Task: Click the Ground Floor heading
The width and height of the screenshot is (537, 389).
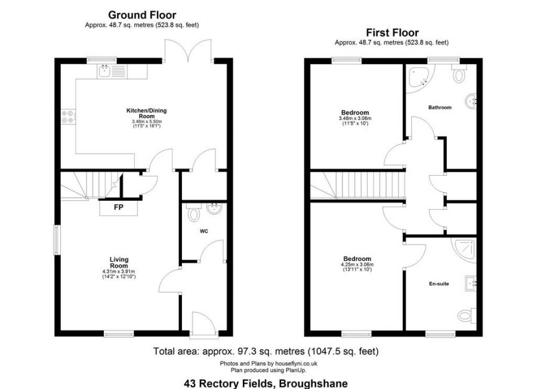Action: pyautogui.click(x=141, y=14)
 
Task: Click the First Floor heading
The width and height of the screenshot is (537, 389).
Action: pyautogui.click(x=391, y=33)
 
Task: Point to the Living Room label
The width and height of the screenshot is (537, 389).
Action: pyautogui.click(x=119, y=263)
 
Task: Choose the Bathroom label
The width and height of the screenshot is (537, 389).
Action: pyautogui.click(x=440, y=108)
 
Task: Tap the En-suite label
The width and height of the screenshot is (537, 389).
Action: pyautogui.click(x=439, y=284)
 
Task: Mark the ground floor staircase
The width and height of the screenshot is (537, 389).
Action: pyautogui.click(x=89, y=184)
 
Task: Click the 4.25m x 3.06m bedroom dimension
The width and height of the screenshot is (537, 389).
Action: pyautogui.click(x=356, y=265)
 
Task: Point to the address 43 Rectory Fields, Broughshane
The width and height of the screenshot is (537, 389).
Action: pyautogui.click(x=265, y=384)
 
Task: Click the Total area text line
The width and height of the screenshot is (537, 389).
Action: pyautogui.click(x=266, y=351)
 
